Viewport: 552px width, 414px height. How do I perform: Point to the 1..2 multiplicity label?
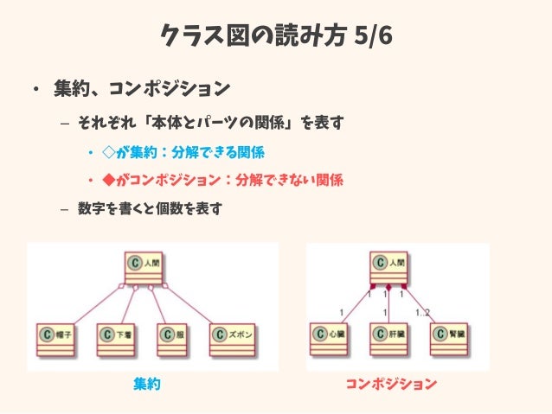(x=422, y=312)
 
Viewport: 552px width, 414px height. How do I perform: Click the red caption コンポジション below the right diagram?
(x=390, y=383)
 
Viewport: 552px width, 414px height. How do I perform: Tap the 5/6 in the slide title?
(x=373, y=37)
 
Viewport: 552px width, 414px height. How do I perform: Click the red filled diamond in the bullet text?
(x=108, y=180)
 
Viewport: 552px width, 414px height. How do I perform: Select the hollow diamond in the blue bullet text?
(x=108, y=152)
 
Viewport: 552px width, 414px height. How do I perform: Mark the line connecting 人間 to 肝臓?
(x=389, y=304)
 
